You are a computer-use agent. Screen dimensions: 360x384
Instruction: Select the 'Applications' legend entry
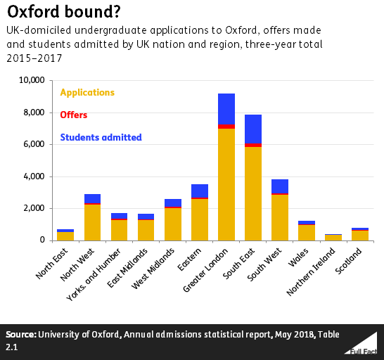(x=87, y=92)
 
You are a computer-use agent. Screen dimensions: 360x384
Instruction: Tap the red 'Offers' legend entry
(x=74, y=115)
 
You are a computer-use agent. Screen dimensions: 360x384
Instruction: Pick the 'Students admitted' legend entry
(x=101, y=137)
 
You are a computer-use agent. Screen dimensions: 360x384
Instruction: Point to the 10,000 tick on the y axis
(x=32, y=81)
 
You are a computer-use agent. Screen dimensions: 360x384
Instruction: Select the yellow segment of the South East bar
(x=252, y=193)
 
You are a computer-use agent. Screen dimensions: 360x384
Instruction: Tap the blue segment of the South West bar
(x=279, y=186)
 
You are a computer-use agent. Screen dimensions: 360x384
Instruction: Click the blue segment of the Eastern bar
(x=199, y=191)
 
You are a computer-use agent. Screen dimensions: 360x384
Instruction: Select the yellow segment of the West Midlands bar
(x=172, y=224)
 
